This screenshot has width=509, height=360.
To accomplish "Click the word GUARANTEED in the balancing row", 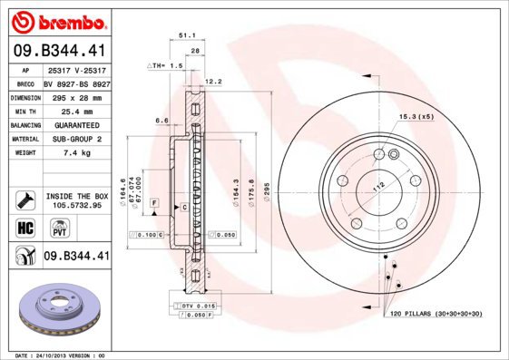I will (x=73, y=124).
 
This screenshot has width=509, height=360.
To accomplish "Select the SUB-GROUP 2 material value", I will (x=73, y=139).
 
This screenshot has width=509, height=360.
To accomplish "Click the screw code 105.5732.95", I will (x=76, y=206).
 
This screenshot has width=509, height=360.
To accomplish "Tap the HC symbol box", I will (x=24, y=229).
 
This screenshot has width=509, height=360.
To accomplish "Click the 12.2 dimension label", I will (x=214, y=82).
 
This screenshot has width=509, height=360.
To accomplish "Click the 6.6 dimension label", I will (x=162, y=120).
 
